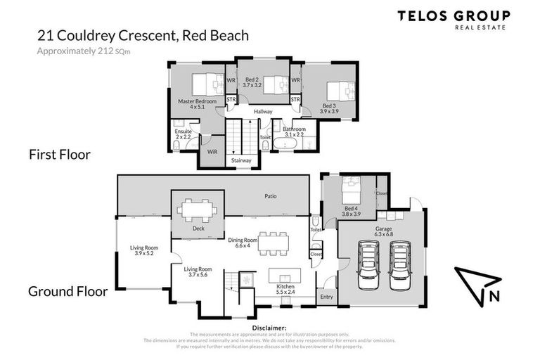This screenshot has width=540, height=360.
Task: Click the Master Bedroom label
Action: click(x=197, y=104)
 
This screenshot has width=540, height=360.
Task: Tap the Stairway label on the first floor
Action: click(x=240, y=160)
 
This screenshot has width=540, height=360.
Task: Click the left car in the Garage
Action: click(x=368, y=266)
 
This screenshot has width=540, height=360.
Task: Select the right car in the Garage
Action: click(x=399, y=266)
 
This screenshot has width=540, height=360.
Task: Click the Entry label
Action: click(x=327, y=297)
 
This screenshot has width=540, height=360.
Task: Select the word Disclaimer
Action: click(x=269, y=328)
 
